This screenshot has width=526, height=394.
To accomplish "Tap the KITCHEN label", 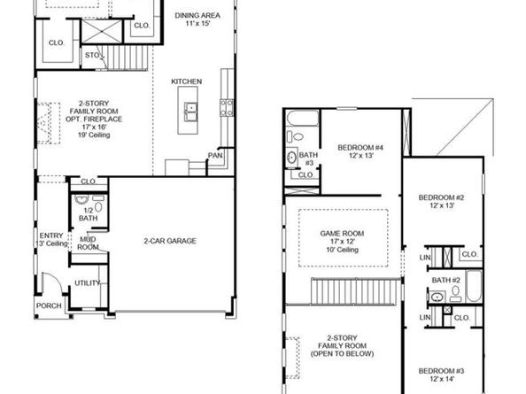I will coord(187,81).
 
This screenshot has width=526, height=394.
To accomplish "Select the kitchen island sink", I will coord(190,111).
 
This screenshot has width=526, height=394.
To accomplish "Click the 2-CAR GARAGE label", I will coord(170,241).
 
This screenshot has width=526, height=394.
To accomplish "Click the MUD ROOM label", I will coord(88,243).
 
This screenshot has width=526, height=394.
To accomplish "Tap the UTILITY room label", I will coord(87,283).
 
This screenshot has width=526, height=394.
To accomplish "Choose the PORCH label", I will coord(48,306).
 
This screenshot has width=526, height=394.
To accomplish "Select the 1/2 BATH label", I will coord(88,213).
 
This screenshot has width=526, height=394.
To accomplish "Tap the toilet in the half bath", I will coord(98,206).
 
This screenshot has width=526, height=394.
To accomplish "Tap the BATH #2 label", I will coord(446,280).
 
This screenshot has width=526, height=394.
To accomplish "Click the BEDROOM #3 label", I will coord(441,374).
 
